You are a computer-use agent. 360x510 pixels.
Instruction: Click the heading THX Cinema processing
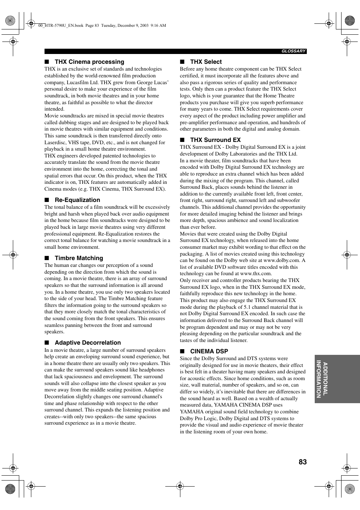[89, 62]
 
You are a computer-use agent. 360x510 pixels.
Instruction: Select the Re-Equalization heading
[77, 200]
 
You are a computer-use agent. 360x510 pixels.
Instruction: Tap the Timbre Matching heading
[79, 258]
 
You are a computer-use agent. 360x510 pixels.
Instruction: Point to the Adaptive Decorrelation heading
[88, 343]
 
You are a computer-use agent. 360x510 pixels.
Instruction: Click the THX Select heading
[206, 62]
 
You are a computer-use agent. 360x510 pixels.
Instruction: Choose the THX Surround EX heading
[215, 140]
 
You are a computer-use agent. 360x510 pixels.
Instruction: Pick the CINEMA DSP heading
[209, 351]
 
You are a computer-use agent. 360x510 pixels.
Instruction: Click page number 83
[302, 462]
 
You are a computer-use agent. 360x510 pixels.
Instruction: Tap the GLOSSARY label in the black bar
[294, 51]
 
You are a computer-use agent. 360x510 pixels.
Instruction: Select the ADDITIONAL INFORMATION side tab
[322, 379]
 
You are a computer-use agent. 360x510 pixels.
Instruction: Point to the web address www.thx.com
[255, 274]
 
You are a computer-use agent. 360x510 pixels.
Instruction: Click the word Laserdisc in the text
[55, 143]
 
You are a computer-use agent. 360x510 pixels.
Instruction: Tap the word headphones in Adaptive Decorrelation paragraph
[152, 370]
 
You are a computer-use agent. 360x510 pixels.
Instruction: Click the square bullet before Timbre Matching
[47, 258]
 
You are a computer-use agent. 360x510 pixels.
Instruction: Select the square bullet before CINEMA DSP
[182, 351]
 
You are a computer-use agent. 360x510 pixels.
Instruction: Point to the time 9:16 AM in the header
[158, 26]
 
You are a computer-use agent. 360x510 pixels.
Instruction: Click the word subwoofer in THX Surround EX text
[289, 200]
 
